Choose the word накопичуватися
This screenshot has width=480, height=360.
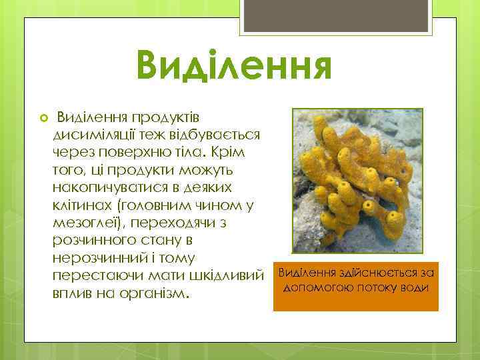point(115,186)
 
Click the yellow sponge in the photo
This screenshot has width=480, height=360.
point(360,180)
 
